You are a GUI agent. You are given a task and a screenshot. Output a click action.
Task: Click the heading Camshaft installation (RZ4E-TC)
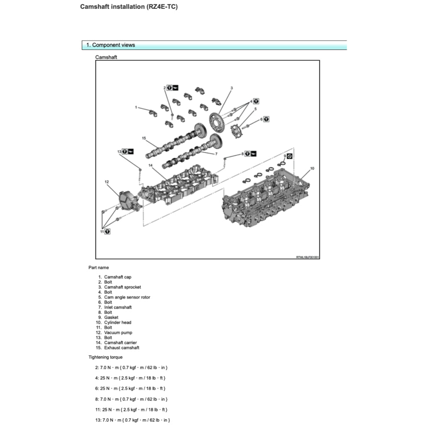129,7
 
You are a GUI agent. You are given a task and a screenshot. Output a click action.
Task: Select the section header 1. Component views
110,45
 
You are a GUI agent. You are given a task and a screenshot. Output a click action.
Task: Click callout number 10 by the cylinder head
312,169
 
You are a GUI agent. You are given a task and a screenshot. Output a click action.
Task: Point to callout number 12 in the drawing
107,182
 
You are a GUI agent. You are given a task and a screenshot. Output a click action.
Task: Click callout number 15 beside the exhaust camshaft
144,138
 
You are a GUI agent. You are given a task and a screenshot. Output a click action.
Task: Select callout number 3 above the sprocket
232,88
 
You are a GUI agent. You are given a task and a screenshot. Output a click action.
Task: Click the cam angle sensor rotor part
237,132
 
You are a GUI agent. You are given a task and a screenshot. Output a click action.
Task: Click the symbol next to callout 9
290,156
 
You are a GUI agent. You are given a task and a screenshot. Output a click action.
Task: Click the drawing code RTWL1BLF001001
307,257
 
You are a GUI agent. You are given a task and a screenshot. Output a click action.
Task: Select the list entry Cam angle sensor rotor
127,297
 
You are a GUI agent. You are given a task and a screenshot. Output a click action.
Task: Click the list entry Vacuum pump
118,332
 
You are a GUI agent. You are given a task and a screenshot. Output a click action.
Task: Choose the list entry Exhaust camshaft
122,348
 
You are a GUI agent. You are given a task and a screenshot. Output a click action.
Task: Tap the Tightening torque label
105,357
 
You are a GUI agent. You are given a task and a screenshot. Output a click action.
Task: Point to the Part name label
99,268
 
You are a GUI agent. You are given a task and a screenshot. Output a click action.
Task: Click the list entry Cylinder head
117,322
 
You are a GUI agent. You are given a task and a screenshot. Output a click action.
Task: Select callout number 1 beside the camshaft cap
136,107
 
